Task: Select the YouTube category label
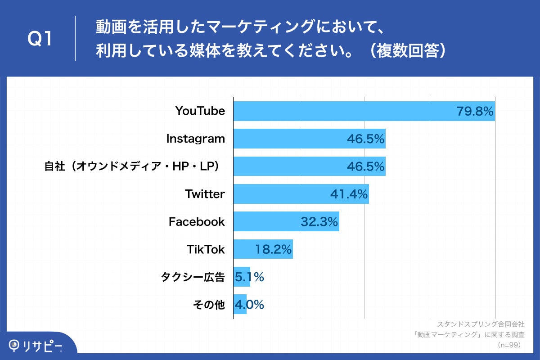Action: (x=200, y=111)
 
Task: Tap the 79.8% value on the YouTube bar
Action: (x=475, y=111)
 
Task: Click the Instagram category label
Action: (x=195, y=139)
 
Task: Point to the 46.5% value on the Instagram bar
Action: (x=365, y=139)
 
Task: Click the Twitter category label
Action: (x=205, y=194)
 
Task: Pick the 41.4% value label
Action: (x=349, y=194)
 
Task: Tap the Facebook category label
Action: (x=197, y=221)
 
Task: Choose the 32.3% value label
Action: (x=319, y=222)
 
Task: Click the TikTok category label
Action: (x=206, y=249)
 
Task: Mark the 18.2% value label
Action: (x=273, y=249)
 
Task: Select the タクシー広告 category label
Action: (x=193, y=277)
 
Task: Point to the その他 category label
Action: (x=208, y=305)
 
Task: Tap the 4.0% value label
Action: (x=249, y=305)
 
